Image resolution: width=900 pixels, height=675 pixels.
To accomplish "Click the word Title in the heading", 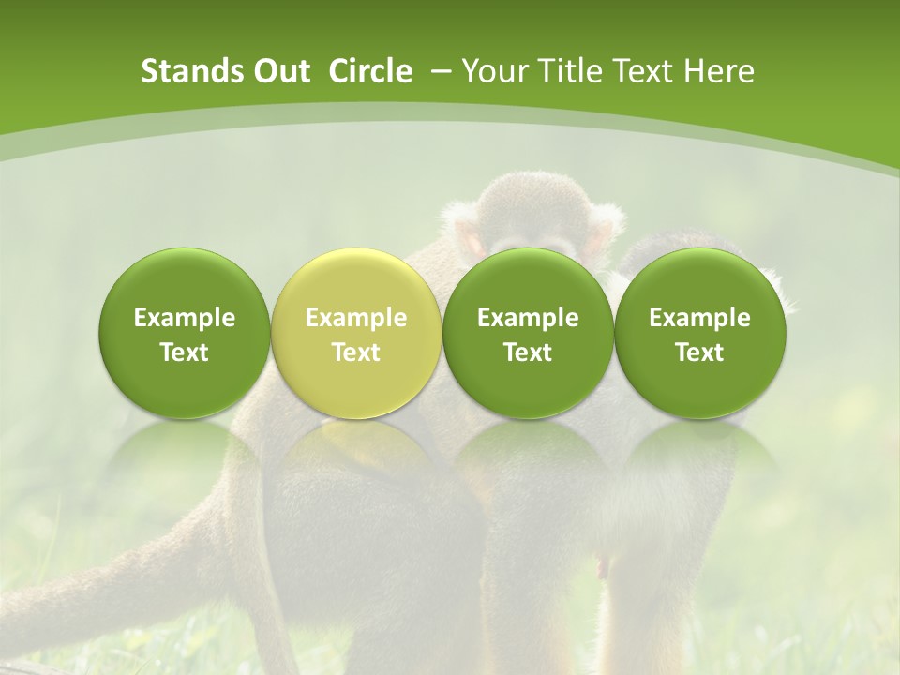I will pyautogui.click(x=574, y=71).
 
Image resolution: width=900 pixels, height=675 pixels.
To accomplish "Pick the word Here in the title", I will pyautogui.click(x=719, y=71).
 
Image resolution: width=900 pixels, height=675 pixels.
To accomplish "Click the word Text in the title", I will pyautogui.click(x=648, y=71).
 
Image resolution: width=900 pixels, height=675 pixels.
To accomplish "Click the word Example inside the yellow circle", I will pyautogui.click(x=356, y=318).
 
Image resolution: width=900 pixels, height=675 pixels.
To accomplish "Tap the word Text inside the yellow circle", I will pyautogui.click(x=356, y=352).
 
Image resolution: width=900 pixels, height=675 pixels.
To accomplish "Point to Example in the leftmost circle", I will pyautogui.click(x=184, y=318).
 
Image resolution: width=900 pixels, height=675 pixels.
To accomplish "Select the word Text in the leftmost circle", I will pyautogui.click(x=184, y=352).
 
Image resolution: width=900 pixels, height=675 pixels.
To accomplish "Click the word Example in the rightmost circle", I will pyautogui.click(x=700, y=318).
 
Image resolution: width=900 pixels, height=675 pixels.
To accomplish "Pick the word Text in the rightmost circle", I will pyautogui.click(x=700, y=352).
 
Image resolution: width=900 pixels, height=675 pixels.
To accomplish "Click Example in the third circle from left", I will pyautogui.click(x=528, y=318).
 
